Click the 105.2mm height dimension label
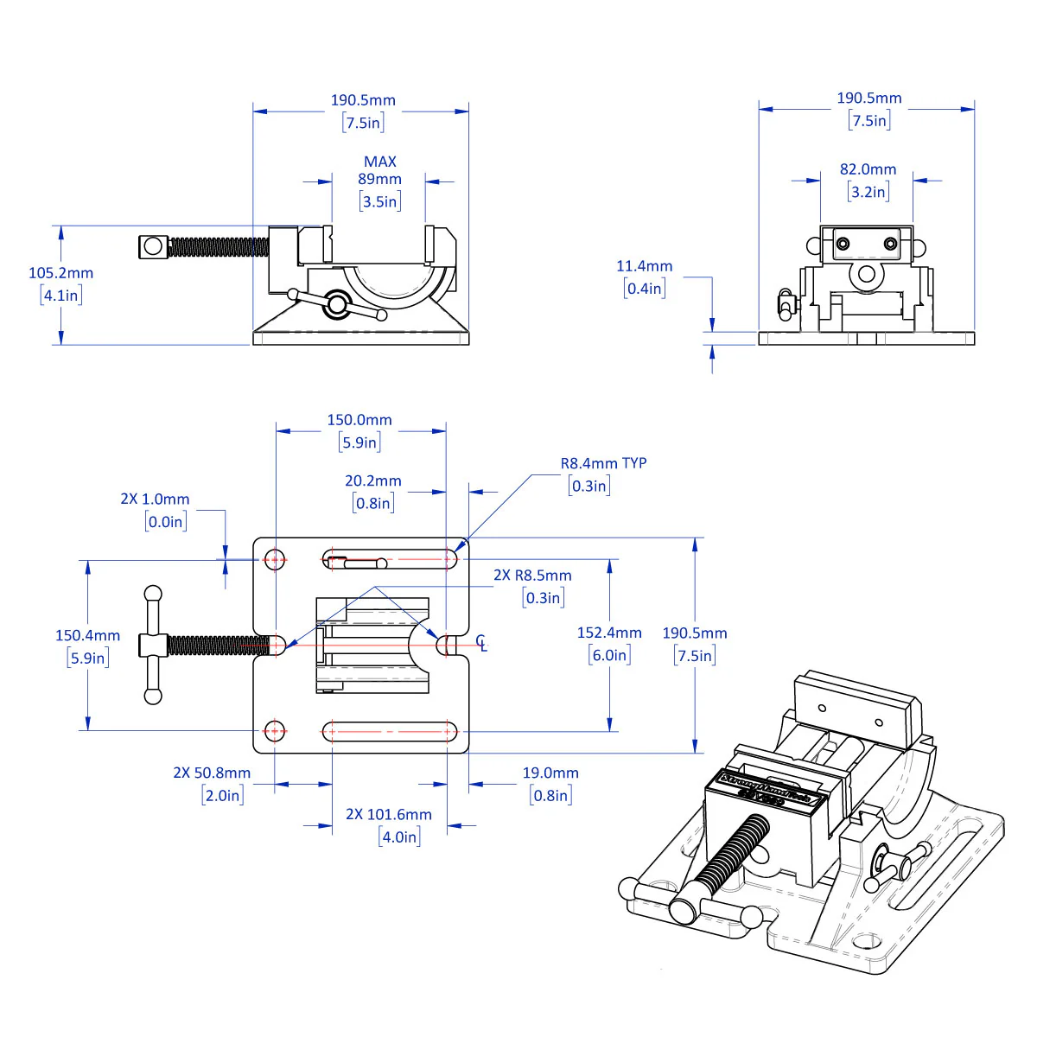pos(60,273)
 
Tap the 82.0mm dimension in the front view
pos(868,169)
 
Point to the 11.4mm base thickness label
pos(644,266)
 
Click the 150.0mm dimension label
pos(359,420)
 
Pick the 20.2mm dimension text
pos(373,481)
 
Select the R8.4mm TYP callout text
pos(603,463)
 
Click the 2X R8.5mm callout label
pos(532,576)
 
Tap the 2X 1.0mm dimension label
pos(155,499)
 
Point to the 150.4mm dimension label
pos(87,636)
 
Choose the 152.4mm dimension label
pos(609,633)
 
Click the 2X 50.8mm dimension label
pos(212,773)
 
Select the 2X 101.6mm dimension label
pos(389,815)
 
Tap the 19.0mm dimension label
pos(550,773)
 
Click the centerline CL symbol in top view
pos(481,643)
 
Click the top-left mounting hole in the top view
pos(275,559)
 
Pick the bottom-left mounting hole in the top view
pos(275,731)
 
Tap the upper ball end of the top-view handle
pos(153,595)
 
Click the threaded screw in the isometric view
pos(729,856)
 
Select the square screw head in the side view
pos(152,247)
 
